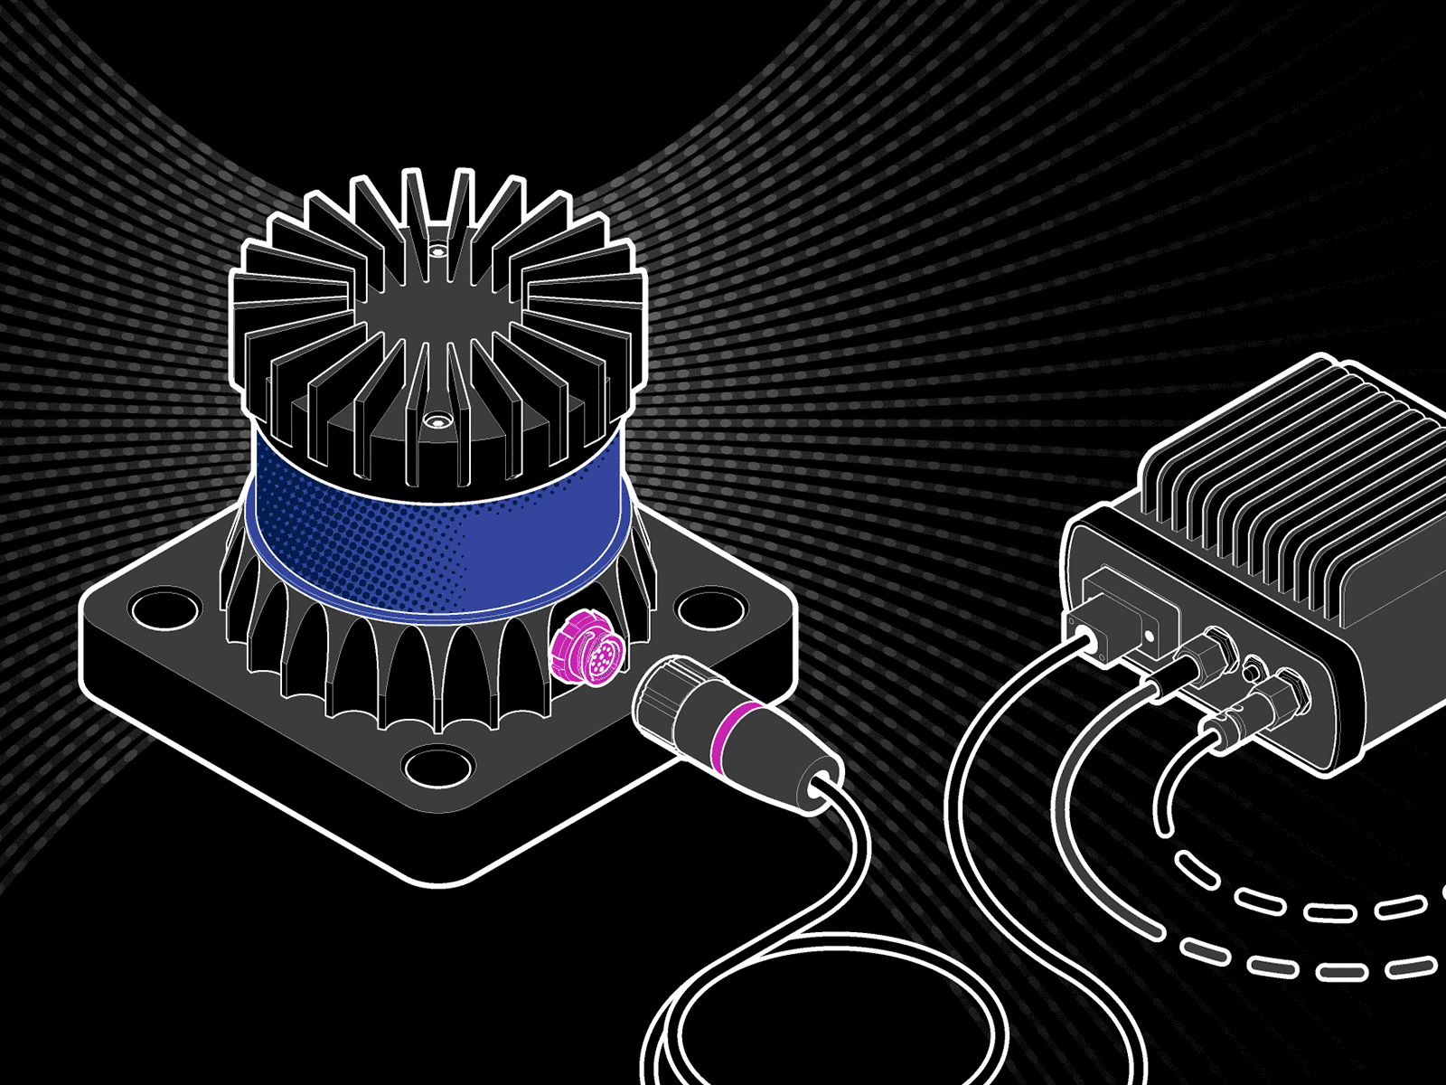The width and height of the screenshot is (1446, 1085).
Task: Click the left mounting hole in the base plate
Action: [167, 607]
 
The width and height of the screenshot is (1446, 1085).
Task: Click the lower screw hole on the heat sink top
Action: [438, 421]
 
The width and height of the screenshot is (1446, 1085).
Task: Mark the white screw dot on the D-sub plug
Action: [1149, 635]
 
